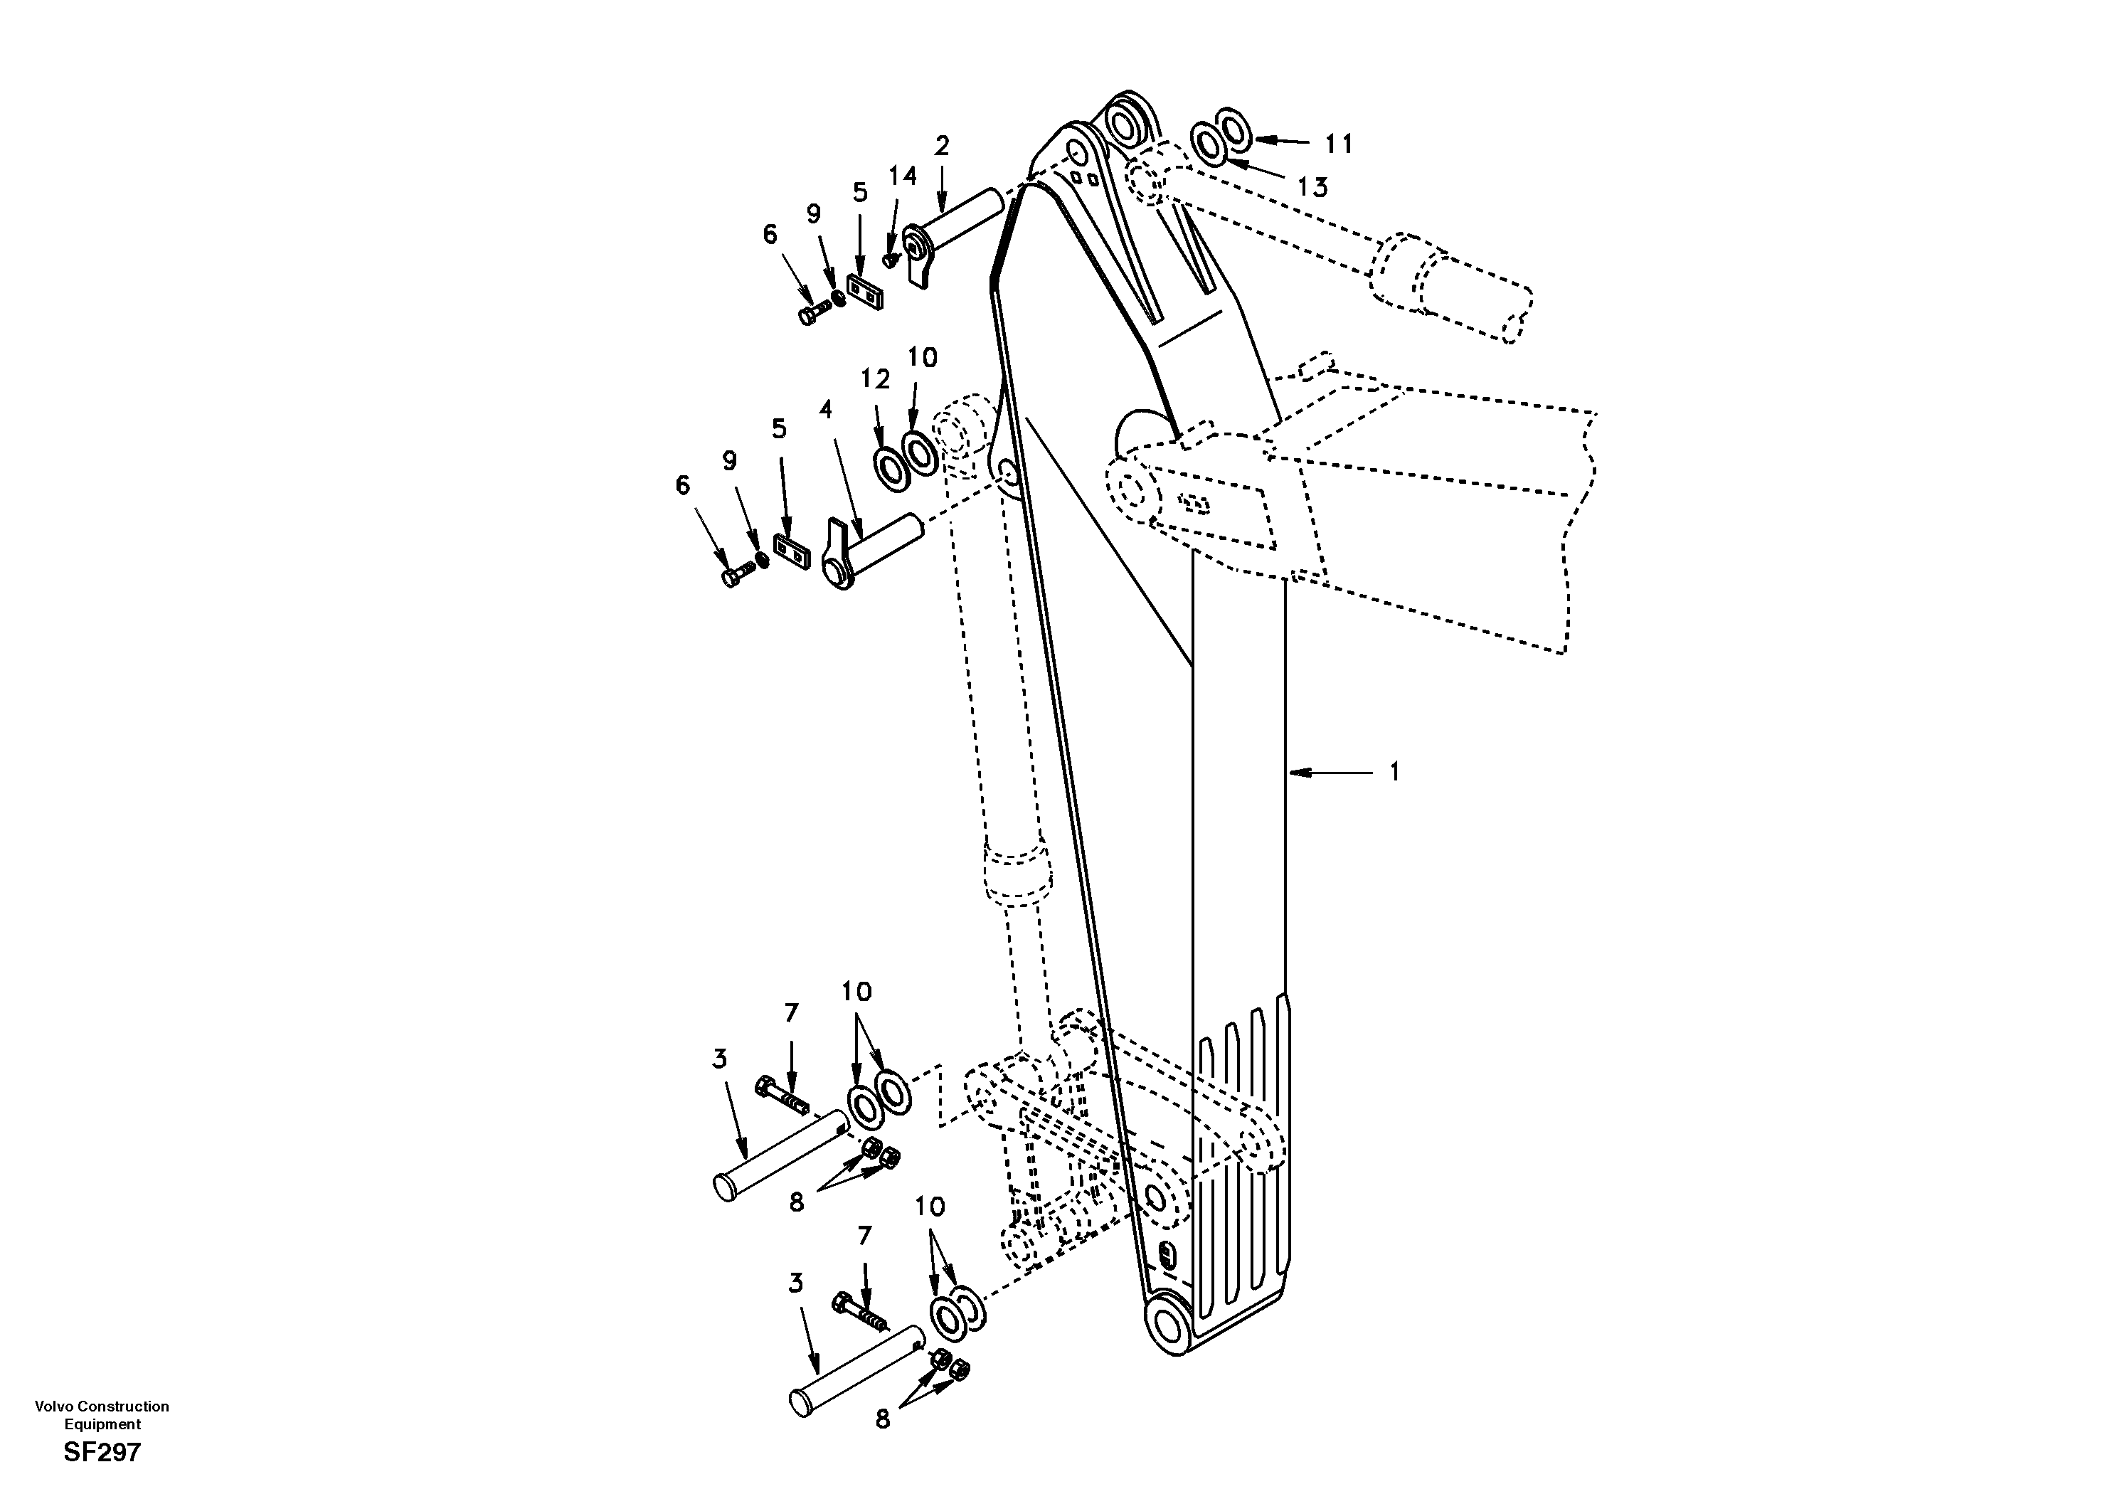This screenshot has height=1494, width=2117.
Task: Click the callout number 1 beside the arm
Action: [x=1394, y=771]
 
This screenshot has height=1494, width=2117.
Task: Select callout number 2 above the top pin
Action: [x=941, y=146]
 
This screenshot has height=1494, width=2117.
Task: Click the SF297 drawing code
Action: [x=102, y=1453]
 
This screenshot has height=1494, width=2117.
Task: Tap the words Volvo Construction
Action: [x=102, y=1406]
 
